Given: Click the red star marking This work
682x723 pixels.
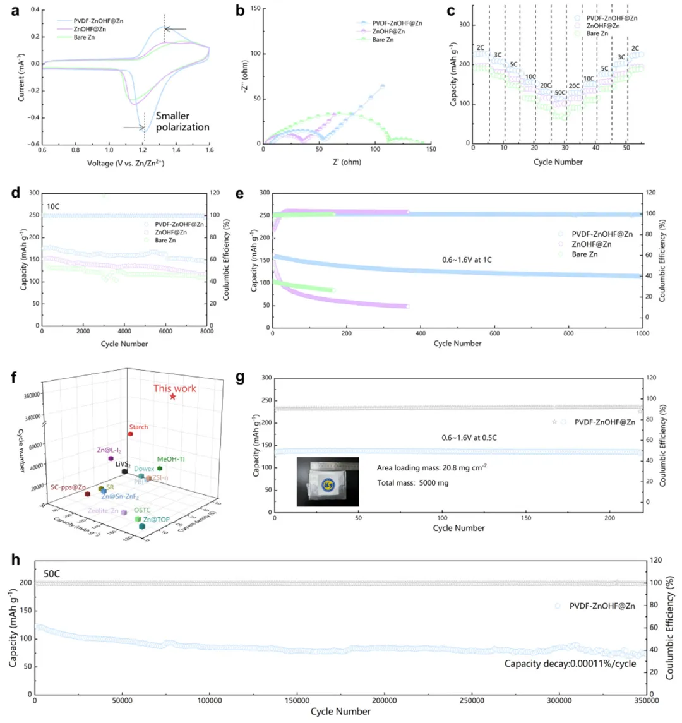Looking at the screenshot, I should (172, 397).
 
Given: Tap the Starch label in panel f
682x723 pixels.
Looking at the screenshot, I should (138, 427).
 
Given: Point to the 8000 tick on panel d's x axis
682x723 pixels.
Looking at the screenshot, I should (206, 331).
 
